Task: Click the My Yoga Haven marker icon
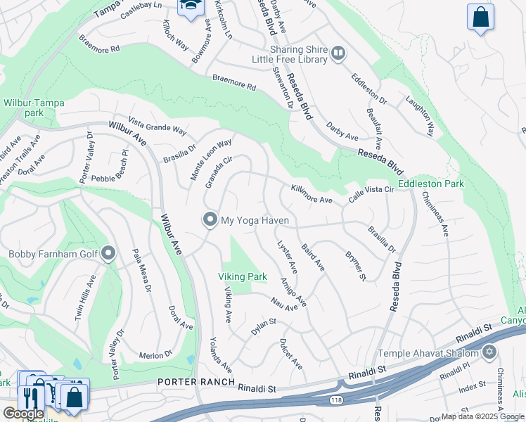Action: [x=210, y=220]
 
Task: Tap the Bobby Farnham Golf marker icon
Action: [x=108, y=253]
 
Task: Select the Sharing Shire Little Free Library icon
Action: [x=338, y=53]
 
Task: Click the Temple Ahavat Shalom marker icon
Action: [x=489, y=352]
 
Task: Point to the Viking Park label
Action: [x=241, y=277]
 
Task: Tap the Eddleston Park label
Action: [x=430, y=184]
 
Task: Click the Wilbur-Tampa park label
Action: [x=34, y=108]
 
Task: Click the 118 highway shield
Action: [x=338, y=399]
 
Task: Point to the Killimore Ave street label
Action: [x=311, y=195]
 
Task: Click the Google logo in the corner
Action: [x=23, y=414]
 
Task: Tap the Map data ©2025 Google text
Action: [x=482, y=416]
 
